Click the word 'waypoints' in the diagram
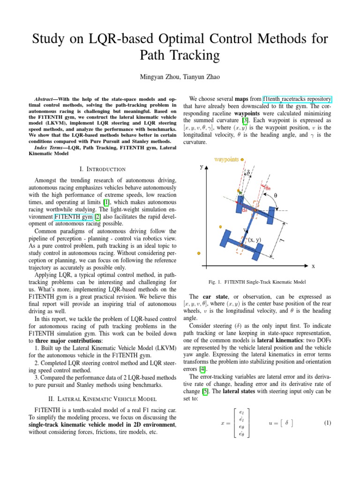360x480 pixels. click(x=226, y=159)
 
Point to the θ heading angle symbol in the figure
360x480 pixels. click(x=276, y=195)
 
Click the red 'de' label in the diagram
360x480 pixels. click(x=245, y=210)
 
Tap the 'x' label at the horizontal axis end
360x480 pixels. click(x=313, y=266)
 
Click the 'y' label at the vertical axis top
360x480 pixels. click(x=201, y=166)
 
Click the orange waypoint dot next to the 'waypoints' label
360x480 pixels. click(x=242, y=159)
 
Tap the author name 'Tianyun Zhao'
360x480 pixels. click(x=204, y=76)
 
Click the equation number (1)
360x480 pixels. click(x=327, y=423)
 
